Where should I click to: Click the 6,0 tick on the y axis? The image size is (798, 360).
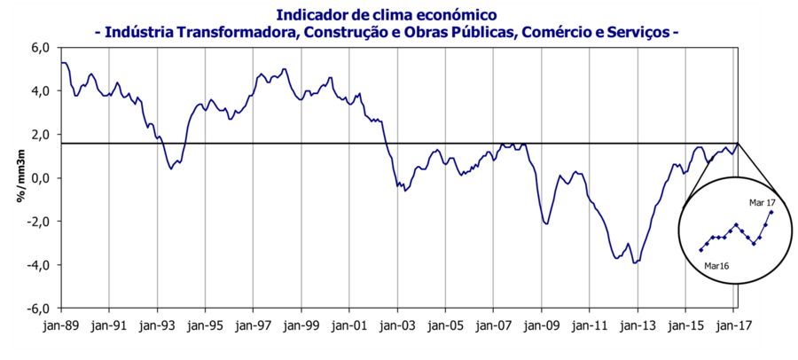click(x=43, y=47)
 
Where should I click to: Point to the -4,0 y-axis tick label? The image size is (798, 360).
click(x=41, y=265)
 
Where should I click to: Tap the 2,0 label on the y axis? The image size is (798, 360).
click(x=43, y=135)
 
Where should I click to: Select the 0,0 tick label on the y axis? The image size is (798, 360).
click(x=43, y=178)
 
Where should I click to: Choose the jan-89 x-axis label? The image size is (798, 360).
click(x=60, y=325)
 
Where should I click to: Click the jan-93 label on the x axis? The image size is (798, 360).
click(x=157, y=325)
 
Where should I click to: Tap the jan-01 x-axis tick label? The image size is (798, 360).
click(x=349, y=325)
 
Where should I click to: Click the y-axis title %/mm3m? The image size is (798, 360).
click(x=19, y=178)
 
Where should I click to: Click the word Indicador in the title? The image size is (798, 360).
click(x=314, y=14)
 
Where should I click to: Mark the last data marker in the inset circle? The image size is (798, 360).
click(x=771, y=212)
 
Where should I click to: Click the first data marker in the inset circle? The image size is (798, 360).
click(x=700, y=250)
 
